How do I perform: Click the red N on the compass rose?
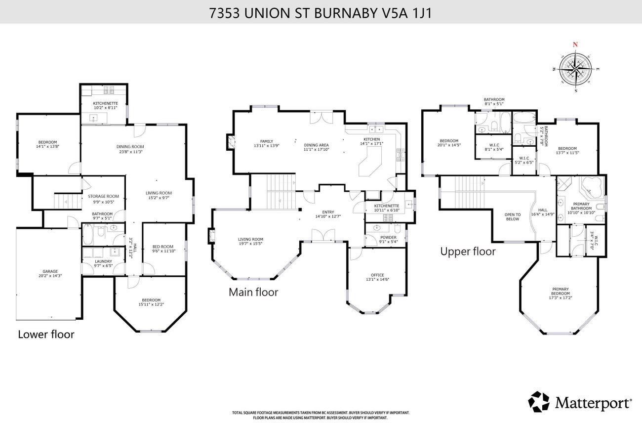[575, 44]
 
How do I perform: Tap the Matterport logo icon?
[539, 401]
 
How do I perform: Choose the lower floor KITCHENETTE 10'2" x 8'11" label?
[105, 105]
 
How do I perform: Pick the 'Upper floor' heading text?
[468, 252]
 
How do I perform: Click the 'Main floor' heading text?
[253, 292]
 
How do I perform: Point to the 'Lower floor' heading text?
[46, 334]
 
